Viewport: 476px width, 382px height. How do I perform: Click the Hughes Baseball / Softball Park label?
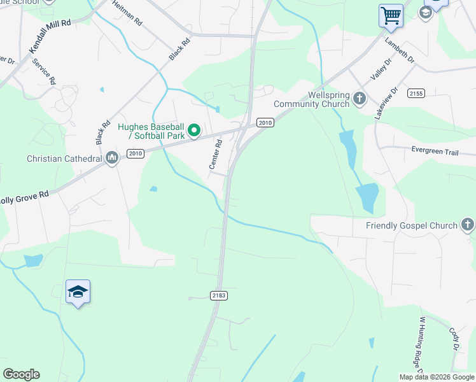tap(151, 131)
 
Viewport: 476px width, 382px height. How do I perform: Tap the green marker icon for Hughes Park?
tap(195, 132)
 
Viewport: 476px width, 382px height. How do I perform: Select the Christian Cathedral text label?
tap(64, 158)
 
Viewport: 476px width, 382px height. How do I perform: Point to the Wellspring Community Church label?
tap(312, 99)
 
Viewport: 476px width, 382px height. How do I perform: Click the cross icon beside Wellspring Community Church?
tap(360, 99)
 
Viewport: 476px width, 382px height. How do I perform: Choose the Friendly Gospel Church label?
tap(411, 225)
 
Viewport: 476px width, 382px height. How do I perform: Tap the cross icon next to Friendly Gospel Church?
tap(468, 225)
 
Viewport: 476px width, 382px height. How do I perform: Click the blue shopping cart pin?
tap(391, 15)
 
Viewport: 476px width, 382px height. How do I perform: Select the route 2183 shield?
tap(218, 295)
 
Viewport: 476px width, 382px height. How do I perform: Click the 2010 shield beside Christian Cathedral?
tap(135, 153)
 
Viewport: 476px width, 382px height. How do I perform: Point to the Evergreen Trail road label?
tap(434, 151)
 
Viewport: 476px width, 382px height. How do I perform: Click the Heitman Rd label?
tap(127, 12)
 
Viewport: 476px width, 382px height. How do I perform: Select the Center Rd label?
tap(216, 154)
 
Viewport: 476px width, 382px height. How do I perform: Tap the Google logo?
tap(21, 374)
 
